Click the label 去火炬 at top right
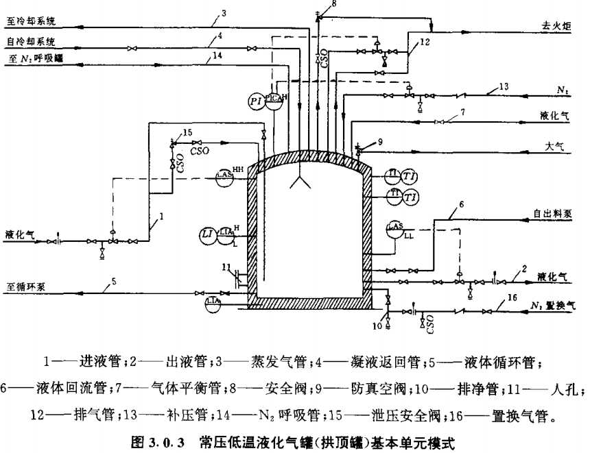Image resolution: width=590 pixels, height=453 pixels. (555, 25)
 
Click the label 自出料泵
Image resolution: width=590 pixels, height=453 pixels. (554, 212)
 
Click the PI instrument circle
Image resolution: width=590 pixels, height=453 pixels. (257, 100)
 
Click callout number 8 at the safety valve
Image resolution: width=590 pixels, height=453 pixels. (334, 5)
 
